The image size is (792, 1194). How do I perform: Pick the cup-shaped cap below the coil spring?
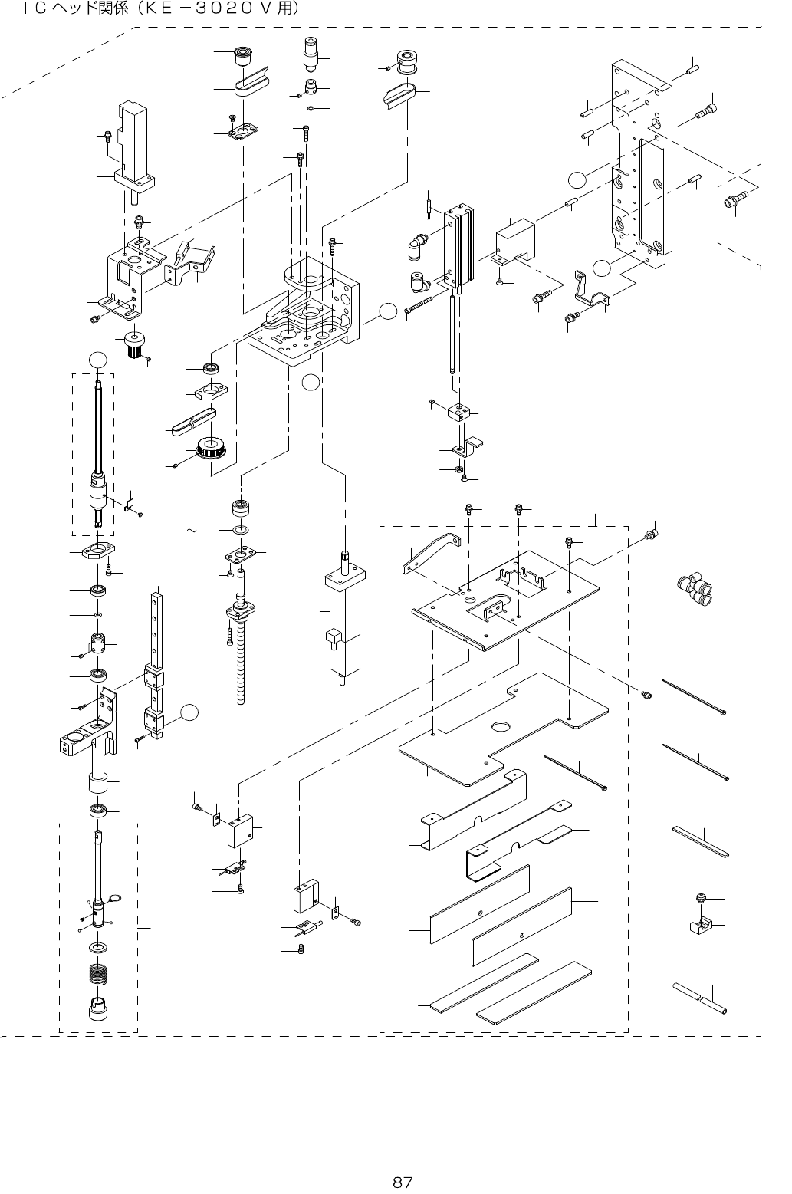click(98, 1008)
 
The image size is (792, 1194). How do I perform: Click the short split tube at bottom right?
click(700, 998)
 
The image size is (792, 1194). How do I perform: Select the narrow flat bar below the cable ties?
click(701, 841)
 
